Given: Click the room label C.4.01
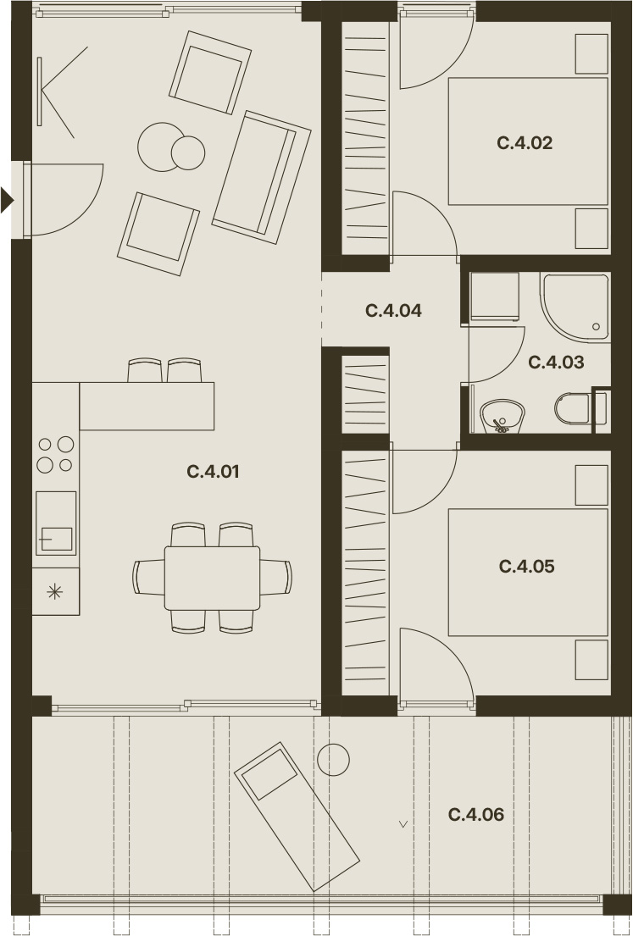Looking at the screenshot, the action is pyautogui.click(x=214, y=472).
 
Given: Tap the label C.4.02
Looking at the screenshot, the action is pyautogui.click(x=525, y=142).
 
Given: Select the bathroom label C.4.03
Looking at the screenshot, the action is pyautogui.click(x=556, y=363).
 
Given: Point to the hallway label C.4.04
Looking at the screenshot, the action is pyautogui.click(x=393, y=310).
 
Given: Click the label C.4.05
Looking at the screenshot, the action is pyautogui.click(x=527, y=566).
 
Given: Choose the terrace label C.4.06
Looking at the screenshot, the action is pyautogui.click(x=476, y=814).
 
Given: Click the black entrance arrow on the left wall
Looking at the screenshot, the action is pyautogui.click(x=7, y=200).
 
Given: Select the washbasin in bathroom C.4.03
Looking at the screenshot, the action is pyautogui.click(x=503, y=416).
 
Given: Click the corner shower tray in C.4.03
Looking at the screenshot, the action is pyautogui.click(x=575, y=307).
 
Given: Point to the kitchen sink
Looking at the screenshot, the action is pyautogui.click(x=56, y=523).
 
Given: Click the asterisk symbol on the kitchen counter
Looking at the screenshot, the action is pyautogui.click(x=55, y=591).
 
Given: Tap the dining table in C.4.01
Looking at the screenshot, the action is pyautogui.click(x=212, y=578).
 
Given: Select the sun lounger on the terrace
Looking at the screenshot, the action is pyautogui.click(x=297, y=817).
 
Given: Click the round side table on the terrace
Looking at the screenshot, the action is pyautogui.click(x=333, y=760).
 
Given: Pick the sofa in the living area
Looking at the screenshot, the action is pyautogui.click(x=262, y=177).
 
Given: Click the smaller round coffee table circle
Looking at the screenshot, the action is pyautogui.click(x=188, y=152).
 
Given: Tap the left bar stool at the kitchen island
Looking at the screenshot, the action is pyautogui.click(x=145, y=370).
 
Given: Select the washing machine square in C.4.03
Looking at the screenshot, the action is pyautogui.click(x=495, y=296).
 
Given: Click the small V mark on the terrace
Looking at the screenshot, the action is pyautogui.click(x=403, y=824).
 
